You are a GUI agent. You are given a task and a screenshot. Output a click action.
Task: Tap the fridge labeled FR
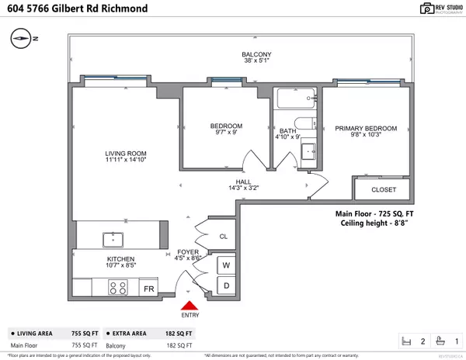point(150,289)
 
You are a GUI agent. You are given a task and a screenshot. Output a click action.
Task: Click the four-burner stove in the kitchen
point(119,288)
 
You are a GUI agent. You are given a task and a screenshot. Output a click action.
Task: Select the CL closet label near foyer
point(223,236)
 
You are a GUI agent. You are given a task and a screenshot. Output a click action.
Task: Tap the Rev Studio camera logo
point(403,9)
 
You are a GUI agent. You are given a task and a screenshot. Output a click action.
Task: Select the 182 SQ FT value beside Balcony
point(181,345)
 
